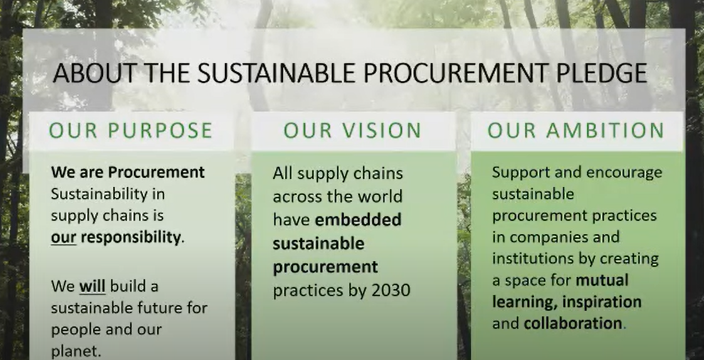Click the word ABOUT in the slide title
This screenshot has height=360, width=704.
tap(94, 73)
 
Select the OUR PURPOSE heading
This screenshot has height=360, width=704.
tap(130, 130)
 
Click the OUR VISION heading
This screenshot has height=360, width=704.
tap(352, 130)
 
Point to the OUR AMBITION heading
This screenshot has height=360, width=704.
tap(576, 130)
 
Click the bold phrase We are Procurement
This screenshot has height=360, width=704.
tap(128, 172)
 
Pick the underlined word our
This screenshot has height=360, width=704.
tap(63, 238)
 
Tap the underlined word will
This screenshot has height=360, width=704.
tap(93, 286)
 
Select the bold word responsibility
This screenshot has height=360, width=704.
tap(130, 238)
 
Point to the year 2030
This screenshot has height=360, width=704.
tap(391, 290)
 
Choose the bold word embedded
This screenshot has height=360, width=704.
tap(359, 220)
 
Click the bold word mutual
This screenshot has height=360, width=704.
tap(602, 280)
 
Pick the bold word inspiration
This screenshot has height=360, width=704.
tap(602, 302)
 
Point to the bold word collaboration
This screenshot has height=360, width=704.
tap(573, 323)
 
